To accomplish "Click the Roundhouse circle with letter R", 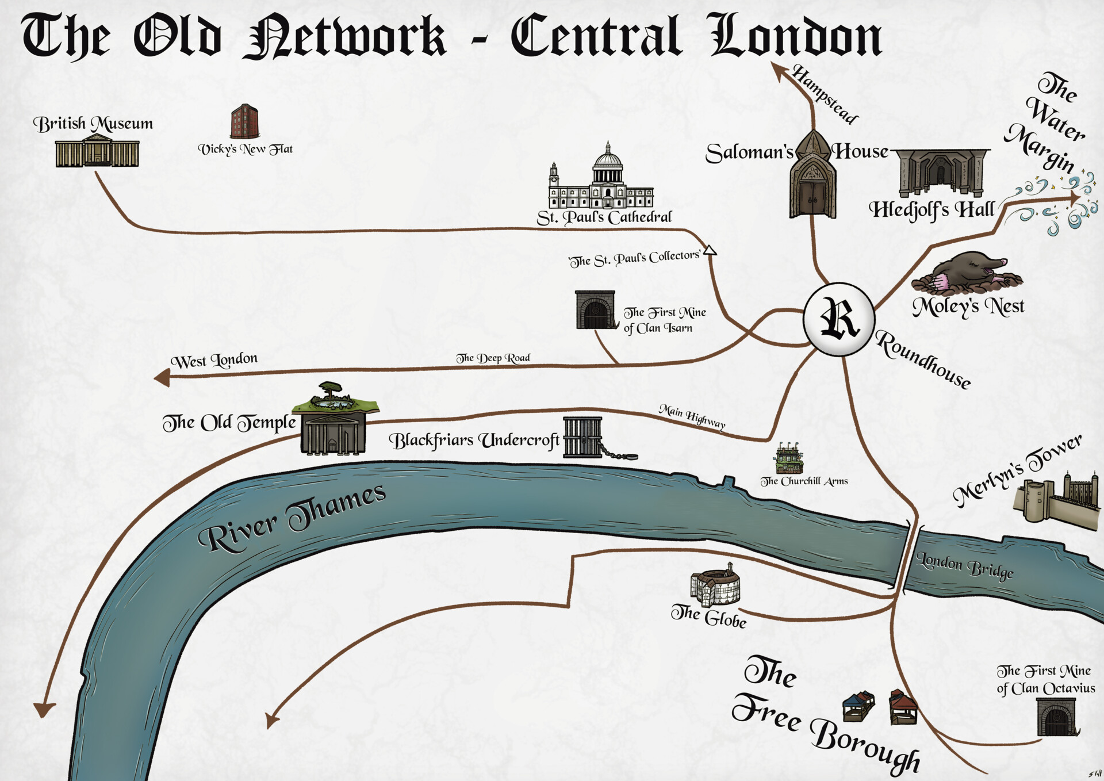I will click(839, 319).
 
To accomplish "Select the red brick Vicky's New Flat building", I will click(244, 121).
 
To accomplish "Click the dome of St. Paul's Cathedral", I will click(608, 158).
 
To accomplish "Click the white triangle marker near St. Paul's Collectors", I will click(710, 250).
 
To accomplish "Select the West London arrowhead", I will click(162, 378).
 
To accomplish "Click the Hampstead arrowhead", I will click(780, 71).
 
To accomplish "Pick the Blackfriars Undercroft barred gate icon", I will click(582, 437).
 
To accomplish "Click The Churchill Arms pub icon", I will click(788, 459).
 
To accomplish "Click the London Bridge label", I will click(964, 565).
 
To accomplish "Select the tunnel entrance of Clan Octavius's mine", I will click(1056, 717).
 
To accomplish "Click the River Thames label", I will click(292, 517).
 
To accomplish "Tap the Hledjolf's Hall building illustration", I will click(941, 173).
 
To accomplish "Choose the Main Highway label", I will click(692, 416).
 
